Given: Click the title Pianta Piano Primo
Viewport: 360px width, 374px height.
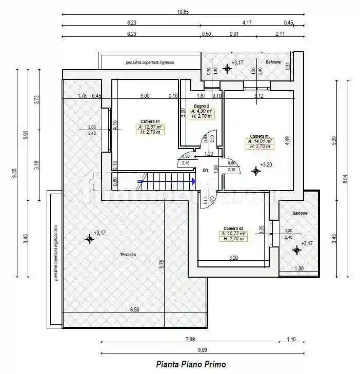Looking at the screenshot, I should point(191,364).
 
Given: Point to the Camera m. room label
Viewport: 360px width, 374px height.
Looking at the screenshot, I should point(259,136).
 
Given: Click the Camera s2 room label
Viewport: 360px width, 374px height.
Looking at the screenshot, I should point(233,228).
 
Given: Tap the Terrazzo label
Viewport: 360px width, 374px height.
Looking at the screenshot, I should point(128,255).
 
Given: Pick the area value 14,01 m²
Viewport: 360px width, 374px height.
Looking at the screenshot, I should point(261,141).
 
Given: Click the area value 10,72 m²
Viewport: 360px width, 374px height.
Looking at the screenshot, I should point(234,234).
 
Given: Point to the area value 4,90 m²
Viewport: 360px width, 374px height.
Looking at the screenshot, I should point(203,111).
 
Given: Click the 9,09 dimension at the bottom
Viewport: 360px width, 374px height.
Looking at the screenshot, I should point(203,350).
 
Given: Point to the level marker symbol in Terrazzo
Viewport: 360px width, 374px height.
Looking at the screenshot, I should point(89,238).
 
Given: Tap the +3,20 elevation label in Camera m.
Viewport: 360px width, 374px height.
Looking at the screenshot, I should point(266,164).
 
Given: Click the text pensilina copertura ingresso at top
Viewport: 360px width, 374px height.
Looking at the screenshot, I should point(150,63).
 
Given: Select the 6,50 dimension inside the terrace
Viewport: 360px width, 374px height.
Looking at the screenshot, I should point(134,309).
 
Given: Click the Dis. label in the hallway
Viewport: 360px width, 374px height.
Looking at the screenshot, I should point(206,170).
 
